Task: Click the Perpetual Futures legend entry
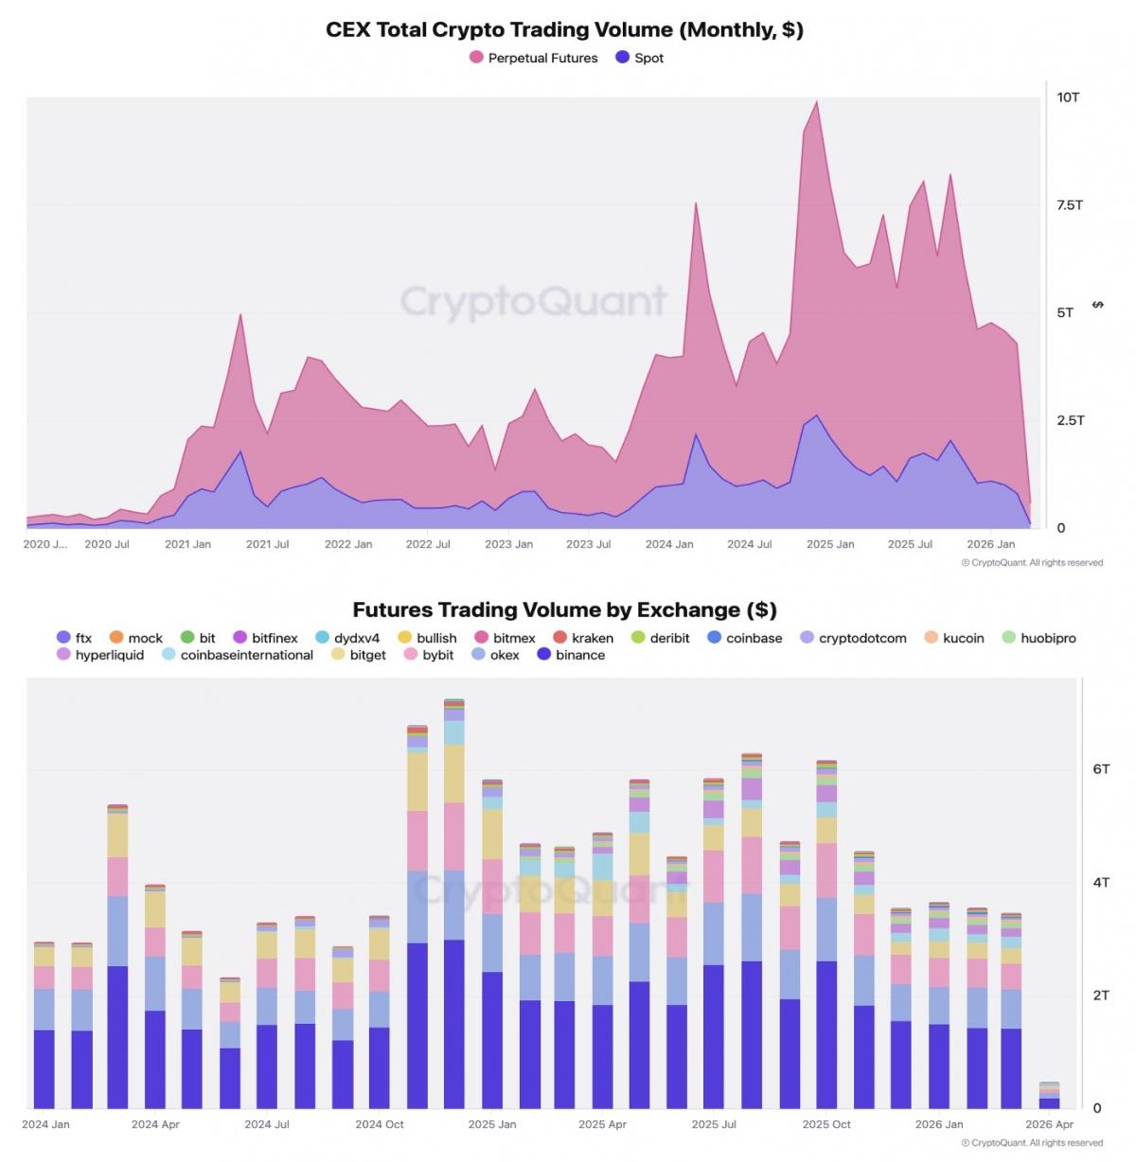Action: click(x=534, y=58)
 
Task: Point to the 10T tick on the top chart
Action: click(x=1068, y=97)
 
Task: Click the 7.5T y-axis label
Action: click(x=1070, y=205)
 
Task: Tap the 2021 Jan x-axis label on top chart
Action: click(x=187, y=544)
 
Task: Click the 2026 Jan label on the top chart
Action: click(x=990, y=544)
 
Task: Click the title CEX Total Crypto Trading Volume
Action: click(x=564, y=29)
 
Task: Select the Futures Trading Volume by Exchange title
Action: click(x=564, y=609)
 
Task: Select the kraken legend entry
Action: click(x=583, y=638)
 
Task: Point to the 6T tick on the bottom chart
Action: click(x=1101, y=769)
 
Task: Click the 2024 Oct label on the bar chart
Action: click(x=380, y=1124)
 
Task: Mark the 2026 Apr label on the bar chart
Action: click(x=1049, y=1124)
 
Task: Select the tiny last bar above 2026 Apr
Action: click(x=1049, y=1098)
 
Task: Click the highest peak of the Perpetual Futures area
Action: click(x=817, y=103)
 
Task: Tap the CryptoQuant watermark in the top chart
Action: click(x=534, y=302)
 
